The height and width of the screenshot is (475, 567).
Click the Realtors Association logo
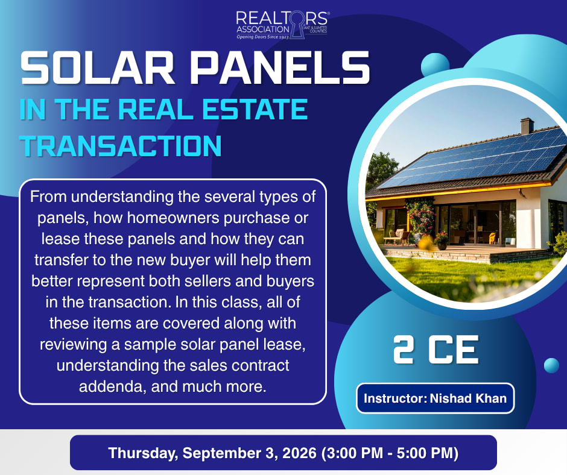click(x=282, y=25)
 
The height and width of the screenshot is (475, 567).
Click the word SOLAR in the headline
click(x=98, y=68)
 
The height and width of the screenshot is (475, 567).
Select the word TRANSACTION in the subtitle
click(x=121, y=146)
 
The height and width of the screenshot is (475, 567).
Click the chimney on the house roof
click(x=527, y=126)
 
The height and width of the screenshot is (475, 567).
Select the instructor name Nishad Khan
click(x=468, y=398)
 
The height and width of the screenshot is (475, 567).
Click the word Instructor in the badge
click(x=394, y=398)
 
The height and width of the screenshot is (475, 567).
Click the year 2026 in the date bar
click(x=299, y=453)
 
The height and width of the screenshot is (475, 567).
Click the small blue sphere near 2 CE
click(x=551, y=365)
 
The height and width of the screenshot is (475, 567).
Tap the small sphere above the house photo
click(x=435, y=66)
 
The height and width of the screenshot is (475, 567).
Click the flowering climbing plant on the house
click(x=420, y=217)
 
